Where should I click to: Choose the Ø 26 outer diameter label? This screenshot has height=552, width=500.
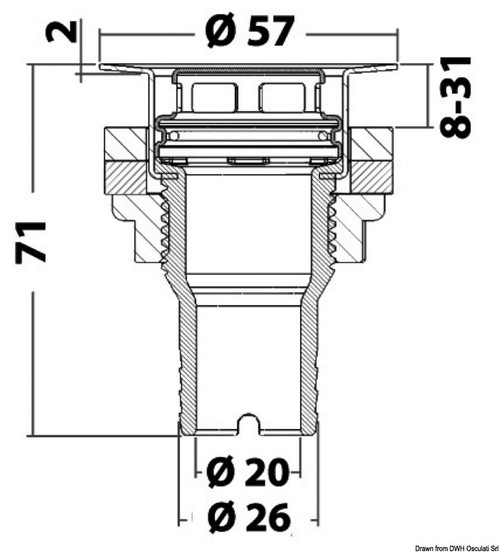(x=246, y=517)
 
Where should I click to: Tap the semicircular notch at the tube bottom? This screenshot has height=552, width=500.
(x=248, y=426)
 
